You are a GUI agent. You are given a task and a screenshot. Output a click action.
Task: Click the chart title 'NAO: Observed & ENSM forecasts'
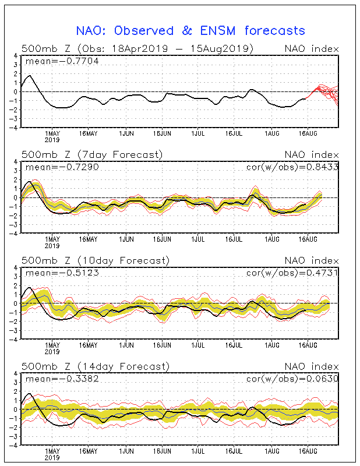190,31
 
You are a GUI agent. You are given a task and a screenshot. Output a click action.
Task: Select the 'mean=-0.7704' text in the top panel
62,61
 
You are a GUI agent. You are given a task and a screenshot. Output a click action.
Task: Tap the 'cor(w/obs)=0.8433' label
292,167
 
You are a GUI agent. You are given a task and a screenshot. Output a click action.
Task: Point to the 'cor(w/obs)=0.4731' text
292,273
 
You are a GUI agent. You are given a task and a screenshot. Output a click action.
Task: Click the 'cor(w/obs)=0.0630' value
292,379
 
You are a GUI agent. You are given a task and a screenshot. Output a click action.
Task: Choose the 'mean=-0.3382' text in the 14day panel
62,379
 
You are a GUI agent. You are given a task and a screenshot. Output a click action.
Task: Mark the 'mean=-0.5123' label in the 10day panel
62,273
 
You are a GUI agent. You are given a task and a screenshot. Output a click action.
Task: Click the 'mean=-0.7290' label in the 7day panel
62,167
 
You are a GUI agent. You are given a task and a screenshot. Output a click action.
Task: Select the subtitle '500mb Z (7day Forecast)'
92,155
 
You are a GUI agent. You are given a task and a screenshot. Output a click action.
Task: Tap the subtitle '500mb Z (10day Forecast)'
96,260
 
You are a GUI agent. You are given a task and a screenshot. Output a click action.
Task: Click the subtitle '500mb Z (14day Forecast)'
96,366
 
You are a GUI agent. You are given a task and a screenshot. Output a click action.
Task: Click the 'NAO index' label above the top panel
312,49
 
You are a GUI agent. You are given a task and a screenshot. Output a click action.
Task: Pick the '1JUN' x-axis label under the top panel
126,134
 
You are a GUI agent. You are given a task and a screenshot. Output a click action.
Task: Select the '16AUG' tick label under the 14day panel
308,451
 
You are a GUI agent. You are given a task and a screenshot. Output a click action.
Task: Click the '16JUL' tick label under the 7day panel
234,239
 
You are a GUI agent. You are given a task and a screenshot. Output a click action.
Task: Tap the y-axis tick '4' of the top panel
16,56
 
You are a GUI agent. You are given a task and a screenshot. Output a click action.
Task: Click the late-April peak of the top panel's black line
29,76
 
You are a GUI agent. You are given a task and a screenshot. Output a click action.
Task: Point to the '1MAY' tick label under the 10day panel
52,345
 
